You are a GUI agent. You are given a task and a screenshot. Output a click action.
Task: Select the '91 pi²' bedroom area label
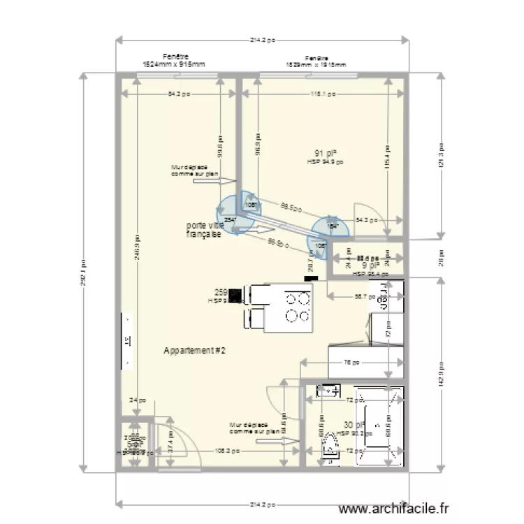pos(326,153)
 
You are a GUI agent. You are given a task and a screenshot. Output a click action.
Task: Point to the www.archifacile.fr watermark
pos(395,510)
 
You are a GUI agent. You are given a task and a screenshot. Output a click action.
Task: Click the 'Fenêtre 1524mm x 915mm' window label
pos(174,61)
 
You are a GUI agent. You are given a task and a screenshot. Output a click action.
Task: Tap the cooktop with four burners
pos(297,307)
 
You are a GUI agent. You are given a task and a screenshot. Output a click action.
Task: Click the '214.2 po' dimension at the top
pos(262,40)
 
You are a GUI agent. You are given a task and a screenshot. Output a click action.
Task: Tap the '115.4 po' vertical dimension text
pos(386,154)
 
